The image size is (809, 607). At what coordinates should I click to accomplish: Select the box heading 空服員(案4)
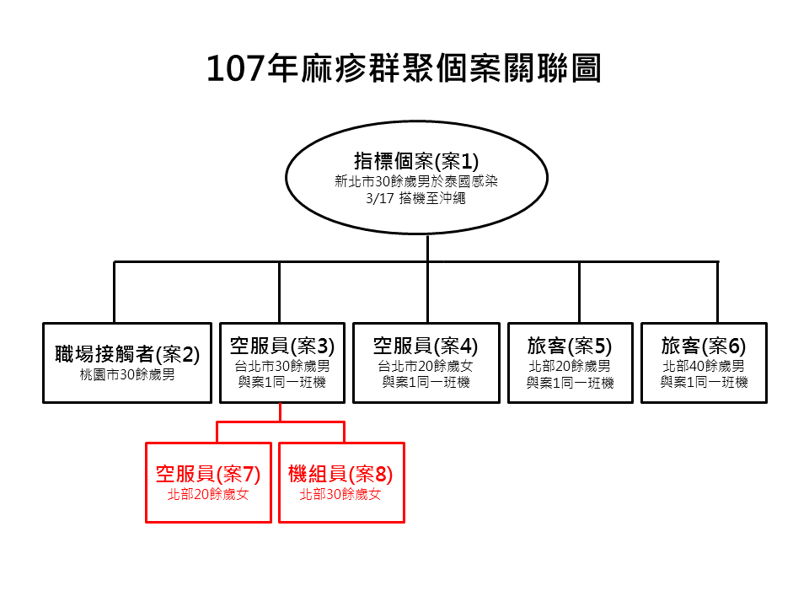pyautogui.click(x=426, y=346)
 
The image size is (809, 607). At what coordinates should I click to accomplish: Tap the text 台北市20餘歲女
pyautogui.click(x=426, y=367)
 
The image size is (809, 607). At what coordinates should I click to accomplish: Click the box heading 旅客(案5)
pyautogui.click(x=570, y=346)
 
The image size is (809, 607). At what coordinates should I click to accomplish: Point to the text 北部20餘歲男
pyautogui.click(x=570, y=367)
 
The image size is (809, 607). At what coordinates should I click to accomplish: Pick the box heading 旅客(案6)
pyautogui.click(x=704, y=346)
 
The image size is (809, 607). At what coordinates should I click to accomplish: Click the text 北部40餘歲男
pyautogui.click(x=704, y=367)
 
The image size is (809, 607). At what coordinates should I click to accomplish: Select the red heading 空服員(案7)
pyautogui.click(x=208, y=474)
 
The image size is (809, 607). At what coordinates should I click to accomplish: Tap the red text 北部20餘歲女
pyautogui.click(x=208, y=496)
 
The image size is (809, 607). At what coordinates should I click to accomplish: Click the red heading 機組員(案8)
pyautogui.click(x=340, y=474)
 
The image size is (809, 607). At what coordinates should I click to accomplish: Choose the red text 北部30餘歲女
pyautogui.click(x=340, y=496)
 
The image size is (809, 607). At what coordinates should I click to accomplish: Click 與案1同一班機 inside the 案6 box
pyautogui.click(x=704, y=383)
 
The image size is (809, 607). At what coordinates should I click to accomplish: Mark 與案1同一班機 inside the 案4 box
pyautogui.click(x=426, y=383)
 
